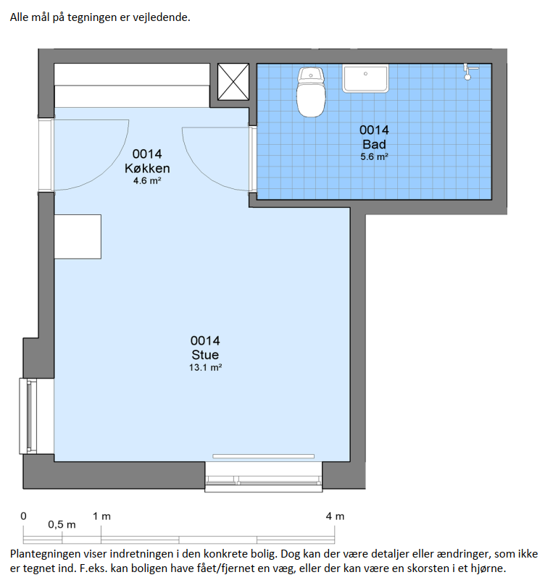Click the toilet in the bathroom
pos(311,92)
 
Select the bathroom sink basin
pos(365,78)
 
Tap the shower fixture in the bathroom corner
pos(468,71)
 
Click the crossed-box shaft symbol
pos(233,82)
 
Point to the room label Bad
pos(374,144)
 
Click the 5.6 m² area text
pos(374,157)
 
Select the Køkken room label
pos(147,169)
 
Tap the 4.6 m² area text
pos(147,181)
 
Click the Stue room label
pos(205,355)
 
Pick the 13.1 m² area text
pos(205,368)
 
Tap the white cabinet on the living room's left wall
pos(78,237)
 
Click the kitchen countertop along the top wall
pos(132,85)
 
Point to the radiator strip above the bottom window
pos(264,456)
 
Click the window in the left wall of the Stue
pos(28,416)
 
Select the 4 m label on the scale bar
pos(335,516)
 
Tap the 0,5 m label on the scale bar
pos(62,524)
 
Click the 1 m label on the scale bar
pos(101,516)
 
